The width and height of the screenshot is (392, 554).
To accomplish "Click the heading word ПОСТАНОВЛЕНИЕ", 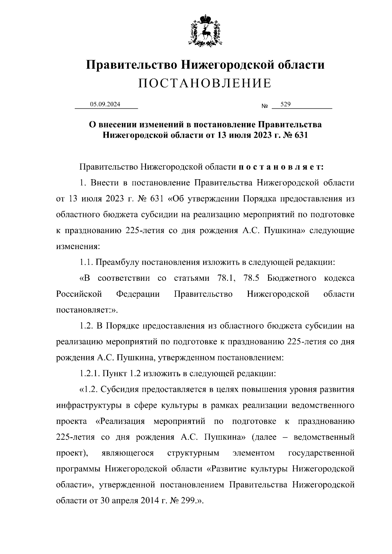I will click(x=205, y=83).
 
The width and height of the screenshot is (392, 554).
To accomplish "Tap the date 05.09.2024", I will click(x=105, y=104).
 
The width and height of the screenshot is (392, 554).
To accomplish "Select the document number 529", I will click(x=286, y=104).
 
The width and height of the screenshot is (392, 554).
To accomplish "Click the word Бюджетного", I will click(x=292, y=278).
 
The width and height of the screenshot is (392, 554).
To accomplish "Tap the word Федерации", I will click(x=138, y=294).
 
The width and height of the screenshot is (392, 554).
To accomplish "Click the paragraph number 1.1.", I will click(x=86, y=262).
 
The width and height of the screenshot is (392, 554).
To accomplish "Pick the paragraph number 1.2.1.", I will click(x=90, y=373).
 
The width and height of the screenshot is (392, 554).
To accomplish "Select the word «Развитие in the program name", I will click(x=227, y=469).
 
